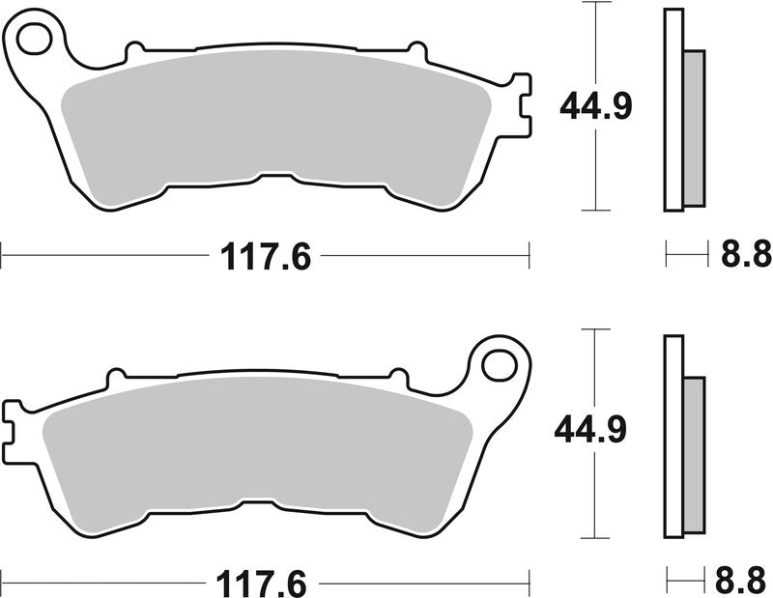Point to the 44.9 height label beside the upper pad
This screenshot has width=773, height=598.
[x=595, y=105]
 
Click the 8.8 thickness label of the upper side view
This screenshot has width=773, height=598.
[x=746, y=256]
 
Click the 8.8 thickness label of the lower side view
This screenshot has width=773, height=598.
[x=746, y=583]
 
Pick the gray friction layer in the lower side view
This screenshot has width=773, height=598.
[x=694, y=456]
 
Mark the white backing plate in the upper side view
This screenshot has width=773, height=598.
[x=673, y=108]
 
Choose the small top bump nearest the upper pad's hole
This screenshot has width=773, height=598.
[x=136, y=47]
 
